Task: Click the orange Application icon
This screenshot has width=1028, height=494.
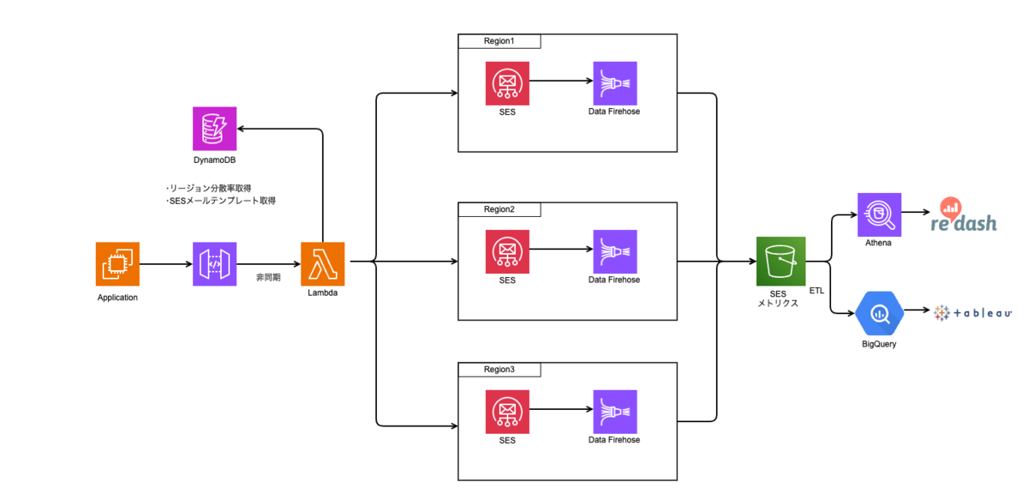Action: (117, 264)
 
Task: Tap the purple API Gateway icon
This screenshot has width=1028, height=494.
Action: (214, 264)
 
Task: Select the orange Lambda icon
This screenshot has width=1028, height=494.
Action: (323, 264)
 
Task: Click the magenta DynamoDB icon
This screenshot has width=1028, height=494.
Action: (214, 129)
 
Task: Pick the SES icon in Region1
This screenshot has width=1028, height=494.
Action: (507, 83)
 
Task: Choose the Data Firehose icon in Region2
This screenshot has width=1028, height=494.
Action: (615, 251)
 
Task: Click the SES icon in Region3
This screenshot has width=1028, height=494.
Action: (507, 412)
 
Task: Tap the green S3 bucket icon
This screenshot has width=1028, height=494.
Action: (780, 261)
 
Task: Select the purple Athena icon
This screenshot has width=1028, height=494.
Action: (879, 214)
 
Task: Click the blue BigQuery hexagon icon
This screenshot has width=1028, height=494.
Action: (879, 313)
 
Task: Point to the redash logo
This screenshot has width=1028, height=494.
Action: (963, 215)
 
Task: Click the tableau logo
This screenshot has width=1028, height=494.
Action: (972, 313)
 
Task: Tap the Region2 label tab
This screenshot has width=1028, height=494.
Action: (499, 209)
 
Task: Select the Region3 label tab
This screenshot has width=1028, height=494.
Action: (499, 370)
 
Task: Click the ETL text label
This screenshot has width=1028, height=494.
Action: (816, 291)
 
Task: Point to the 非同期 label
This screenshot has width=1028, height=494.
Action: (268, 277)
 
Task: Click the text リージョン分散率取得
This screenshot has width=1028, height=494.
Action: (210, 188)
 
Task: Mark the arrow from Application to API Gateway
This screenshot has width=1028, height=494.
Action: (166, 264)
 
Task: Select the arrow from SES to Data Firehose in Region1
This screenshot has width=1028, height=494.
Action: (561, 81)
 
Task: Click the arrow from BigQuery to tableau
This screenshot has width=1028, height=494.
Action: (917, 310)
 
